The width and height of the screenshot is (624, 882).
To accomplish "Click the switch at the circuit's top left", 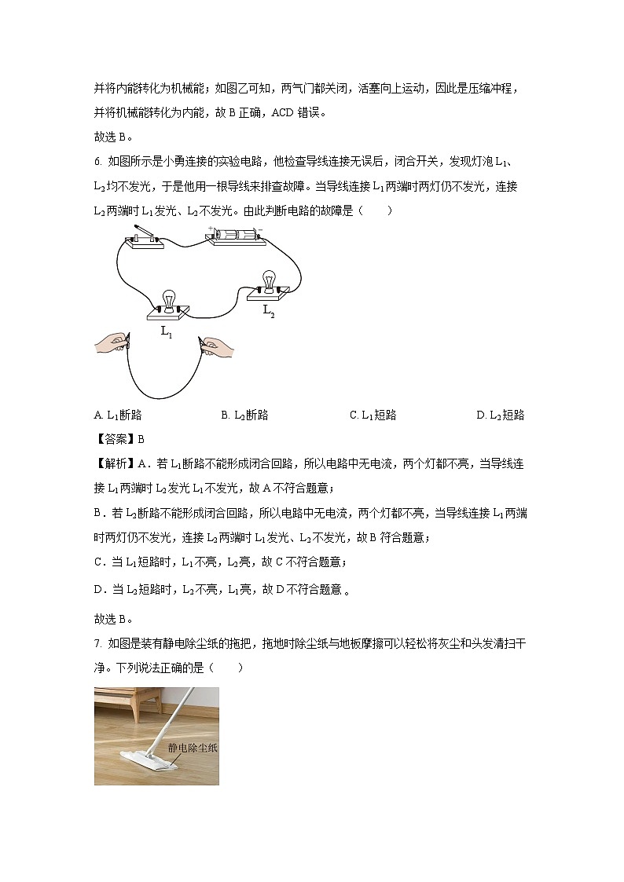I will [146, 238].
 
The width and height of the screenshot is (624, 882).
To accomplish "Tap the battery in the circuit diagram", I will [233, 235].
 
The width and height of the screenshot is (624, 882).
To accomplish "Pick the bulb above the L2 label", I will [269, 281].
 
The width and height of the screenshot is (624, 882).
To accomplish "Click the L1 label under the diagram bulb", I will [167, 331].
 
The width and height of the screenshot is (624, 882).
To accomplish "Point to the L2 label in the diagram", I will [269, 310].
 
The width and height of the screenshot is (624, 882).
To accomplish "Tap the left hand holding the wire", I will [112, 342].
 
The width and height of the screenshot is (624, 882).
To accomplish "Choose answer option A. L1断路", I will [118, 415].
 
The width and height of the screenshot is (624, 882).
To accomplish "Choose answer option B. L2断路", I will [244, 415].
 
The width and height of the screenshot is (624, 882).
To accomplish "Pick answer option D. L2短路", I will [500, 415].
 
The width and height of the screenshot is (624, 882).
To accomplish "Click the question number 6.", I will [97, 162].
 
